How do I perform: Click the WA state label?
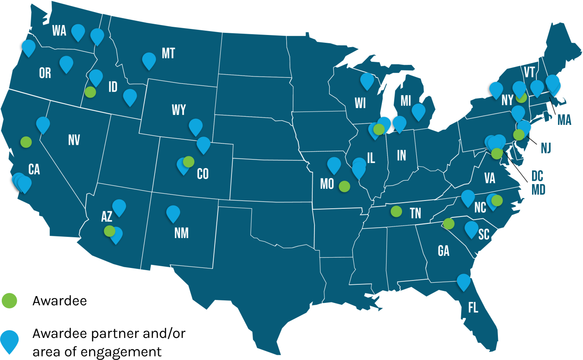coord(59,31)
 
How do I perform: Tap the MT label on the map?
coord(168,53)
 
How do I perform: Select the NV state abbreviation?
coord(74,140)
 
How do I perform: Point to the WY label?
coord(178,110)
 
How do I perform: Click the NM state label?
coord(181,233)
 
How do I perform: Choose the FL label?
coord(473,308)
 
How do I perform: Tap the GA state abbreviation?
coord(444,251)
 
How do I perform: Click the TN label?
coord(415,213)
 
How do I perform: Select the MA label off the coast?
coord(564,119)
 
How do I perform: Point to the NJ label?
coord(546,149)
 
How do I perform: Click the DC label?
coord(537,176)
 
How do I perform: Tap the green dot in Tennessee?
coord(396,211)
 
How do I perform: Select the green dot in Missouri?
coord(344,186)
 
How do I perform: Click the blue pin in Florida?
coord(463,281)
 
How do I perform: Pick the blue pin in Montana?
coord(149,60)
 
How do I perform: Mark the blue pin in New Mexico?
coord(173,213)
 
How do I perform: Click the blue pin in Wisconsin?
coord(367,80)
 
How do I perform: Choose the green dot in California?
coord(26,141)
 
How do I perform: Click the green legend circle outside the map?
coord(9,300)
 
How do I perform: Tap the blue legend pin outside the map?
coord(9,340)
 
